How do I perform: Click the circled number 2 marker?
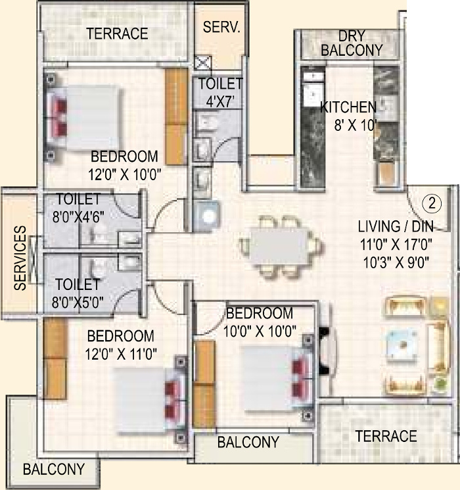pyautogui.click(x=431, y=203)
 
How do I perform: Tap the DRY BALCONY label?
pyautogui.click(x=352, y=43)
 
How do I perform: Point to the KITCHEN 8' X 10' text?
pyautogui.click(x=348, y=114)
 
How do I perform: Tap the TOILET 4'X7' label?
pyautogui.click(x=220, y=91)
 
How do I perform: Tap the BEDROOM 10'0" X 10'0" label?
pyautogui.click(x=258, y=320)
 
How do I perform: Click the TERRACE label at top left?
pyautogui.click(x=117, y=34)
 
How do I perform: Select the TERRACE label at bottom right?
pyautogui.click(x=386, y=436)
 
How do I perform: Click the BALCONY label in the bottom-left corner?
pyautogui.click(x=53, y=470)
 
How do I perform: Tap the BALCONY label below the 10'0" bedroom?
pyautogui.click(x=248, y=442)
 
